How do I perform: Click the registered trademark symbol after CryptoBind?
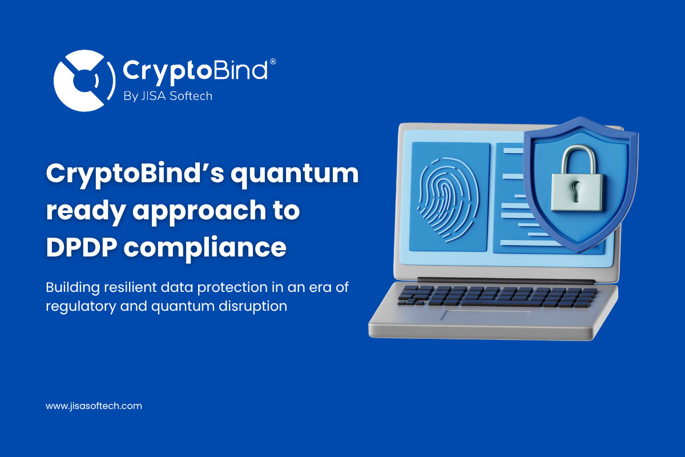click(x=273, y=61)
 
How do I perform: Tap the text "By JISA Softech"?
click(x=168, y=96)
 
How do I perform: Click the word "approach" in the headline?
click(x=203, y=211)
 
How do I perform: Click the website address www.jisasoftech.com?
click(x=94, y=406)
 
